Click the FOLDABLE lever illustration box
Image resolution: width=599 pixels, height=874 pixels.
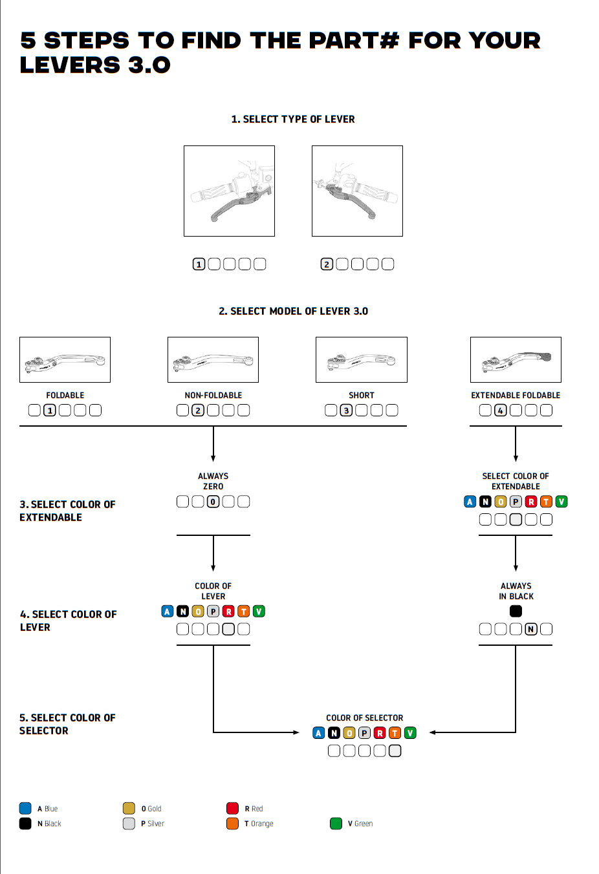tap(65, 359)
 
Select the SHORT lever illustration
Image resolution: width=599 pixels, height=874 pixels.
tap(361, 359)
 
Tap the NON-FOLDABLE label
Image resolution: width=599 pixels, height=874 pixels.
tap(213, 395)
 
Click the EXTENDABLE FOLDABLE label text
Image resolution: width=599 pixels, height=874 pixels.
tap(516, 395)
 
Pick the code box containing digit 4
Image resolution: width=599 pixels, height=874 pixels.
tap(500, 410)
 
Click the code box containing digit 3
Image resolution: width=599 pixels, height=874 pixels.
tap(346, 410)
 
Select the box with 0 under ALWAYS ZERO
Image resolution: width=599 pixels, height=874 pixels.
tap(213, 501)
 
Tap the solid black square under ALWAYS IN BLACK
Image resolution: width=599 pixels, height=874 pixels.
tap(516, 611)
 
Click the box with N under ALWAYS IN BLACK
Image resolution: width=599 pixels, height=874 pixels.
tap(531, 629)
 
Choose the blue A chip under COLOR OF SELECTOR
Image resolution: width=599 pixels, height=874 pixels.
tap(318, 732)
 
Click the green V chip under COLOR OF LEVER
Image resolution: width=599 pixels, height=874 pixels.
tap(259, 611)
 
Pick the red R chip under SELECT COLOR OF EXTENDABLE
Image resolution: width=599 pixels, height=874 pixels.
tap(531, 501)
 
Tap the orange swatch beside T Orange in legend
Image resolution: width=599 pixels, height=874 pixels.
tap(232, 824)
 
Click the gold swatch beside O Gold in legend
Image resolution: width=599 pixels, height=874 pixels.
tap(129, 808)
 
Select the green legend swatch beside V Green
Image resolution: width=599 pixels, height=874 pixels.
tap(336, 824)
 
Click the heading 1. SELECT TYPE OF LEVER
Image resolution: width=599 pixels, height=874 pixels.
tap(293, 119)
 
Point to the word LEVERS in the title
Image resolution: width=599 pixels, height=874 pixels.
tap(70, 65)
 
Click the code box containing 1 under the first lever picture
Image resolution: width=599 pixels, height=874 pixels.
tap(199, 264)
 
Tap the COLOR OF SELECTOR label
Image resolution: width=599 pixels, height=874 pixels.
tap(364, 718)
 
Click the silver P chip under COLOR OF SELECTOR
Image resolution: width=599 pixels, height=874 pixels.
tap(364, 732)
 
